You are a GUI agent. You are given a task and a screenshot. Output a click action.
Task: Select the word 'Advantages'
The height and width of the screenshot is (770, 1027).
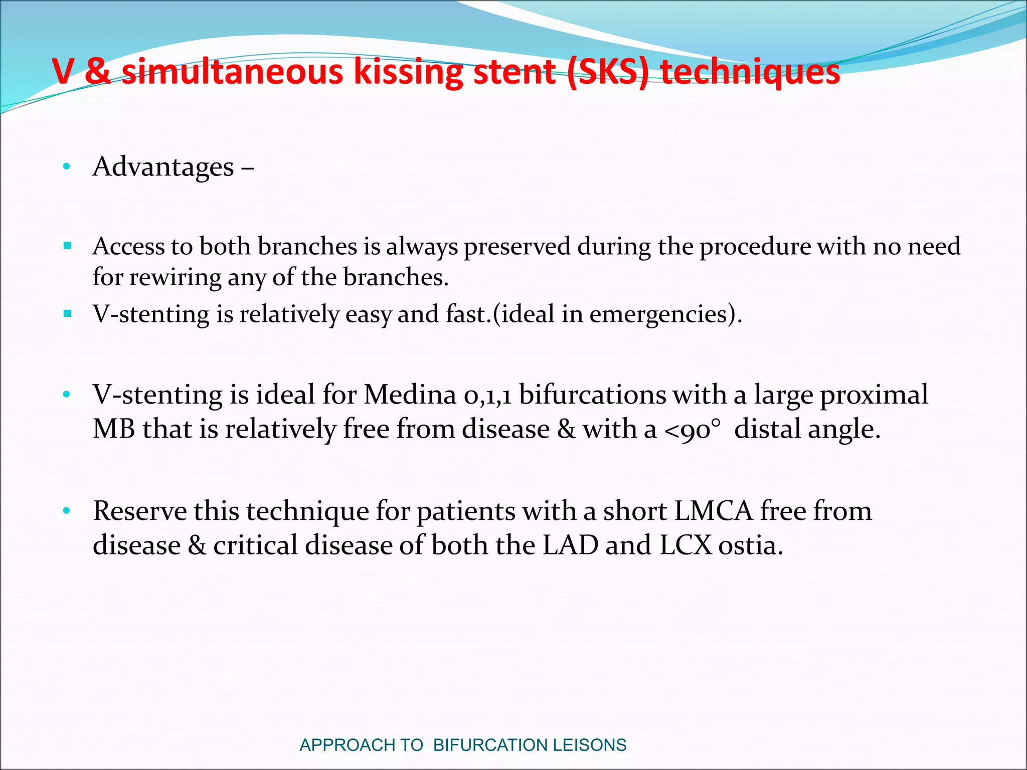click(x=163, y=167)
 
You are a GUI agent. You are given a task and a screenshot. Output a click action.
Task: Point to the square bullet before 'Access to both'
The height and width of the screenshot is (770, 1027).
click(x=68, y=246)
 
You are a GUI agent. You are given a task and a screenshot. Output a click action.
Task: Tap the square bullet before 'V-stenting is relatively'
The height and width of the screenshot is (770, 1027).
click(x=68, y=314)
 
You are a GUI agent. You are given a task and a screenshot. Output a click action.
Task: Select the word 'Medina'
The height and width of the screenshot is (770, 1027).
click(x=410, y=395)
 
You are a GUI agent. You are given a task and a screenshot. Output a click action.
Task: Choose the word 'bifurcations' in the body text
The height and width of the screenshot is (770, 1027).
click(x=592, y=395)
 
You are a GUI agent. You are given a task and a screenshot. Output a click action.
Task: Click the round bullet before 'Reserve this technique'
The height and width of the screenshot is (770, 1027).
click(x=66, y=511)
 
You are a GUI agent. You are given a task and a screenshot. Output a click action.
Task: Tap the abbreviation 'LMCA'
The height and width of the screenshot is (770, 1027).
click(x=714, y=511)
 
